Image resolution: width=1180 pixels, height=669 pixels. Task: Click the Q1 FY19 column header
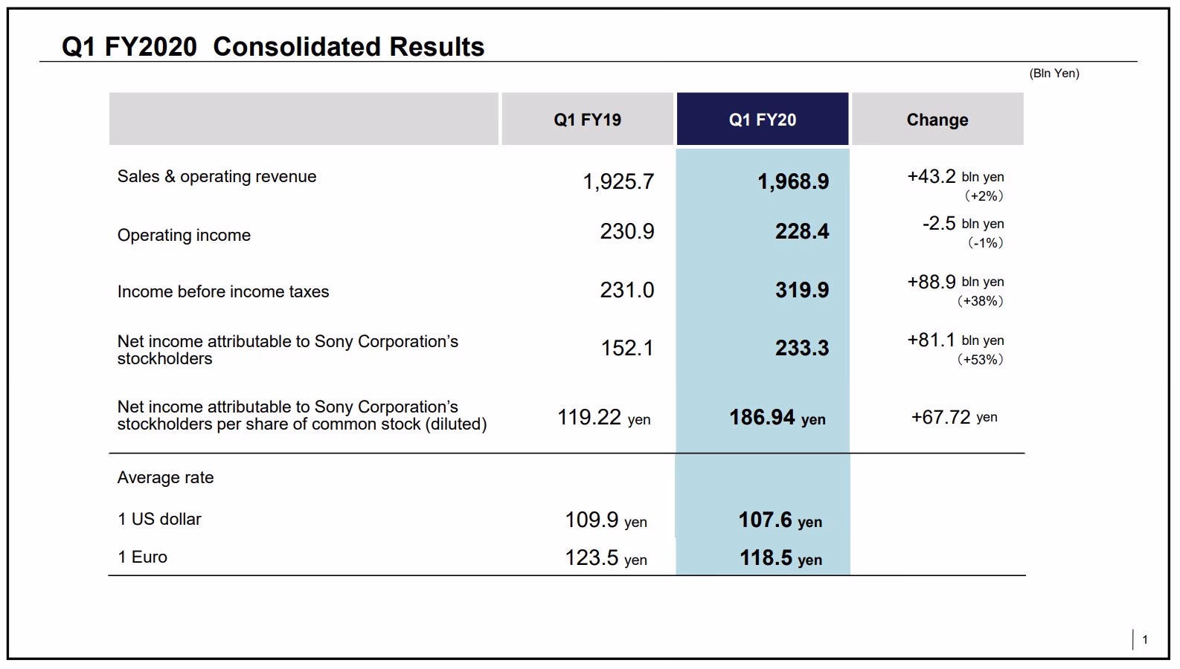[587, 120]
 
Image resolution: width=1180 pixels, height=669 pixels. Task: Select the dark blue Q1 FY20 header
[762, 120]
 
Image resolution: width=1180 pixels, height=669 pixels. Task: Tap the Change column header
[937, 120]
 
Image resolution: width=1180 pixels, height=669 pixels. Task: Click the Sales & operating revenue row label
[217, 177]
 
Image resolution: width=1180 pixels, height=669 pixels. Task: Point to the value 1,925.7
[618, 181]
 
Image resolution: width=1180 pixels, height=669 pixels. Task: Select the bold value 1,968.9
[792, 181]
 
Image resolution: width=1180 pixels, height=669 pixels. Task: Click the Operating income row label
[184, 236]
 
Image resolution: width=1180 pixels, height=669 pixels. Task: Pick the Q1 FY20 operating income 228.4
[801, 232]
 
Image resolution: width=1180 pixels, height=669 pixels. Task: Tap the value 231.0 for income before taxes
[626, 290]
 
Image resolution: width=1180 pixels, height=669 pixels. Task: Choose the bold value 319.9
[801, 290]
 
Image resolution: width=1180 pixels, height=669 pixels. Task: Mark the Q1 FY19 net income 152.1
[626, 348]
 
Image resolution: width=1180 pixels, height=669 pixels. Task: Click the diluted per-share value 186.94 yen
[777, 418]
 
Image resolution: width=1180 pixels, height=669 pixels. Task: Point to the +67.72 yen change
[954, 418]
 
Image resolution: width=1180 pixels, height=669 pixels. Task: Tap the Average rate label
[165, 478]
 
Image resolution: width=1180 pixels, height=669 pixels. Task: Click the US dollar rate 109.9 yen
[605, 520]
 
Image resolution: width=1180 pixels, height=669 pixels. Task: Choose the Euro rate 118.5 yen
[780, 558]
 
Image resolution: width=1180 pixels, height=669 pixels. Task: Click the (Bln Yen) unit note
[1054, 73]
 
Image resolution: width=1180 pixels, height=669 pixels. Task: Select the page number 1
[1144, 639]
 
